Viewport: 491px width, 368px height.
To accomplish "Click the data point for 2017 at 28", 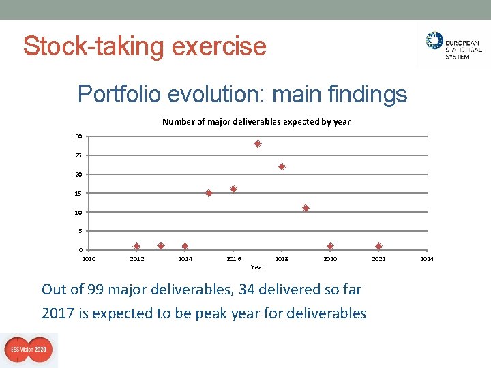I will click(258, 144).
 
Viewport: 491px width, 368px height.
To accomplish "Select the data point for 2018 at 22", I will click(282, 166).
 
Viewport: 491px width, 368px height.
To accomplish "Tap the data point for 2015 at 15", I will click(209, 193).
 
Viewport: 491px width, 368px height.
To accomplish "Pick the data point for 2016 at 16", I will click(233, 189).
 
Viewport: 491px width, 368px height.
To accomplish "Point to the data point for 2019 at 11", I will click(306, 208).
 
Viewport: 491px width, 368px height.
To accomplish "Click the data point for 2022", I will click(378, 246).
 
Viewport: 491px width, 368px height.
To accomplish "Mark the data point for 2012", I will click(136, 246).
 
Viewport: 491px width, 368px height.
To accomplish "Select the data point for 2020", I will click(330, 246).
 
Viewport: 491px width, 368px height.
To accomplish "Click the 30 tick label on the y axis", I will click(79, 136).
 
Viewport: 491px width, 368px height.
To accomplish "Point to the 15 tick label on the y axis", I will click(79, 194).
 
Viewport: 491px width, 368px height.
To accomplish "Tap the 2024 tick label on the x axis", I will click(427, 259).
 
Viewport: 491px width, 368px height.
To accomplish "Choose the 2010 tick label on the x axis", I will click(89, 259).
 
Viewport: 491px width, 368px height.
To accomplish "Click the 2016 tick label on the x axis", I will click(233, 259).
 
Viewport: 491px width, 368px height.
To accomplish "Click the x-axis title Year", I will click(257, 267).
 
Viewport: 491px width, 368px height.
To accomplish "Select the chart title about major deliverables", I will click(256, 122).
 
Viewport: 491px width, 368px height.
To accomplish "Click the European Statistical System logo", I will click(453, 46).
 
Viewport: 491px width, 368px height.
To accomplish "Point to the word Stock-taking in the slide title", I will click(94, 46).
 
